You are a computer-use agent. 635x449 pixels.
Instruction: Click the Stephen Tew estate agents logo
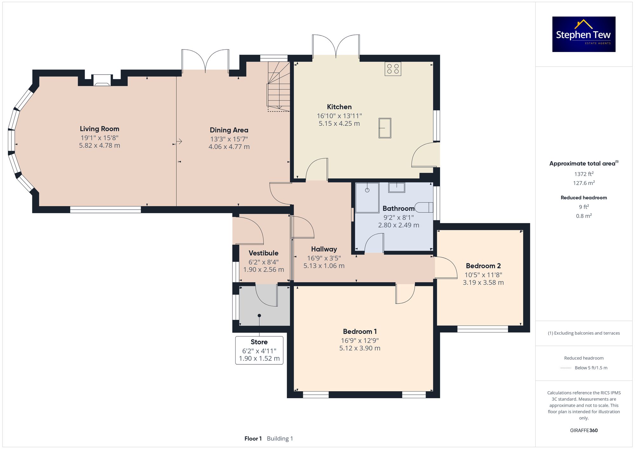584,34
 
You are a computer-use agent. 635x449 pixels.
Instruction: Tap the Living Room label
99,129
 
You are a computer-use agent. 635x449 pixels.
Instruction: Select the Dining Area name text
229,130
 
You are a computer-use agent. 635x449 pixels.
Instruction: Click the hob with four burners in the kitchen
393,69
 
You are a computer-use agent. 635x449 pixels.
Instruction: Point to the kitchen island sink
385,128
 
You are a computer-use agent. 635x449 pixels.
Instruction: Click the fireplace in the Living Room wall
102,80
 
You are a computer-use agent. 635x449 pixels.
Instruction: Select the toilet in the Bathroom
424,207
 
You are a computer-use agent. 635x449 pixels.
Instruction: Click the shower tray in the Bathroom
367,197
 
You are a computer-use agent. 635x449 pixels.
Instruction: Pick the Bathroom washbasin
397,188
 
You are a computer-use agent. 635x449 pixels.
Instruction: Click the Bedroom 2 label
483,266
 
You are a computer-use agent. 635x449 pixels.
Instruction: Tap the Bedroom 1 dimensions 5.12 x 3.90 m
360,348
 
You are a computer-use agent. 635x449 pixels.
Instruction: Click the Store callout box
259,350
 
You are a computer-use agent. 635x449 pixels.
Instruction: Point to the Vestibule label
264,253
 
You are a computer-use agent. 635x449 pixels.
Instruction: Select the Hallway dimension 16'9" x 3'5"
324,258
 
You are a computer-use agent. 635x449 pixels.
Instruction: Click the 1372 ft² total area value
584,174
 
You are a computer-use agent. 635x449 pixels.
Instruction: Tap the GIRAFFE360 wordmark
584,431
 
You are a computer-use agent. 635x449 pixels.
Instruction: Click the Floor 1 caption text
253,439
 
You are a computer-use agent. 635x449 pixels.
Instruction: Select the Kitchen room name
339,107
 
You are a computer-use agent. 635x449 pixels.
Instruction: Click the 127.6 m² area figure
584,183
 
